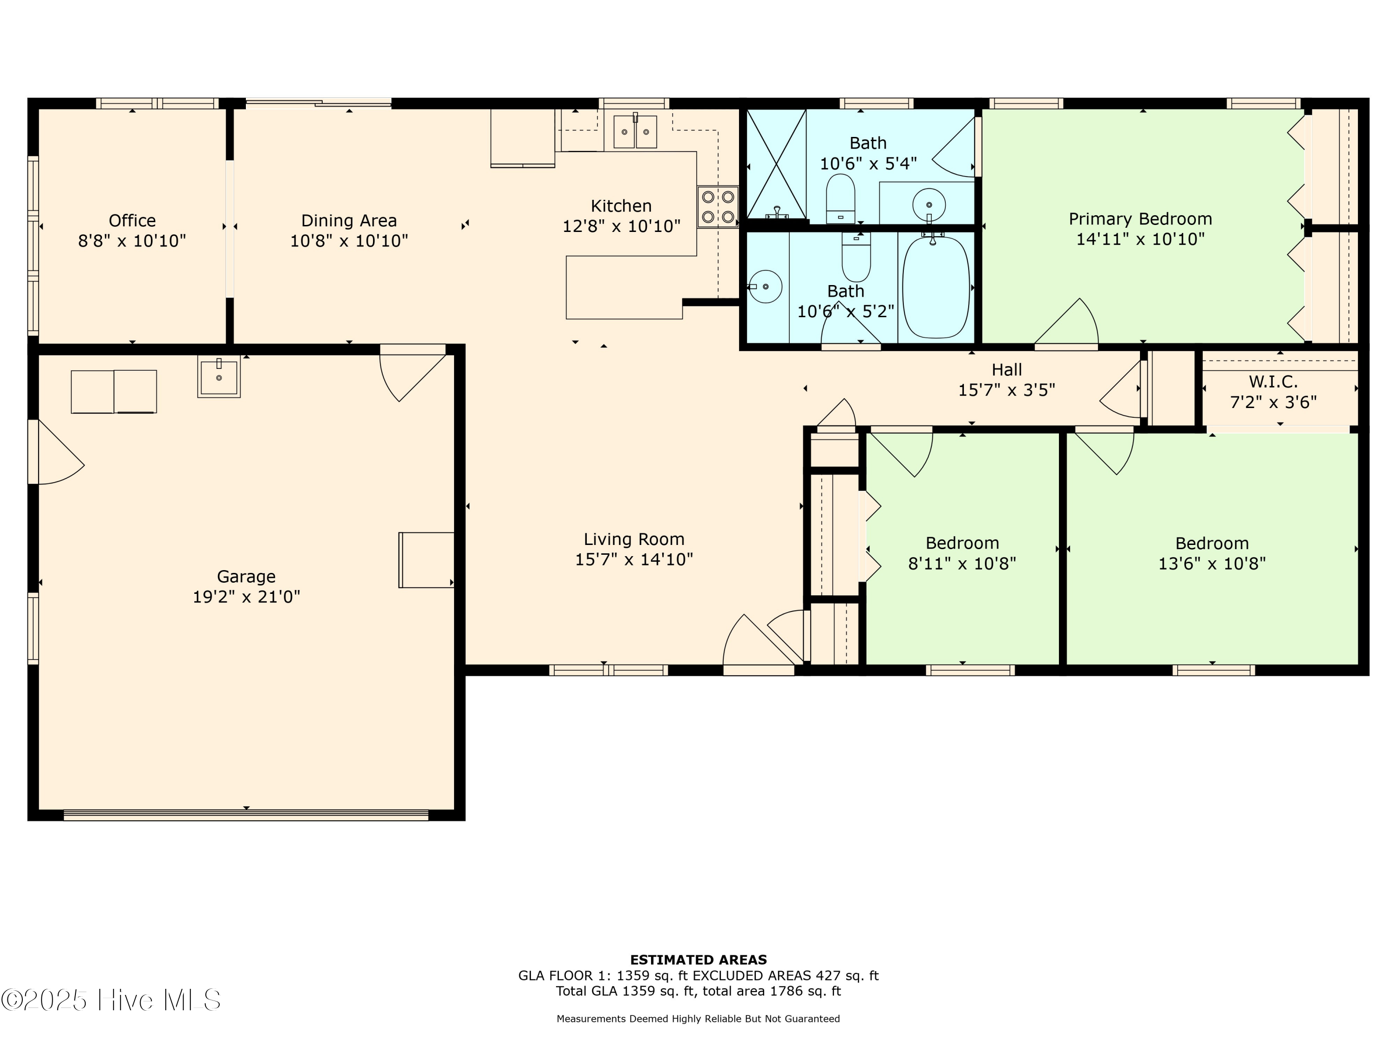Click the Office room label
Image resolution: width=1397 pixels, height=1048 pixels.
[132, 220]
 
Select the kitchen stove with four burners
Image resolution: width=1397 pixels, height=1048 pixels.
[718, 206]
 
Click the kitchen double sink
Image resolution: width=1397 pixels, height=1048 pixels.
[635, 131]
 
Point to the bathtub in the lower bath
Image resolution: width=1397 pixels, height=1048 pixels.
[936, 287]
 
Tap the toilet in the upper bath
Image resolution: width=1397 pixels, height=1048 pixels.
[841, 198]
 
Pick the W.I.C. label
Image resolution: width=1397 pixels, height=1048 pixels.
[1273, 381]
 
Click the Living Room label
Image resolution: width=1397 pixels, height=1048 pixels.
[633, 539]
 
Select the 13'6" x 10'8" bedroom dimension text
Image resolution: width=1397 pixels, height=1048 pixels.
[1211, 564]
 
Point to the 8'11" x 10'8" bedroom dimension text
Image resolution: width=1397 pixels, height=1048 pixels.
[962, 564]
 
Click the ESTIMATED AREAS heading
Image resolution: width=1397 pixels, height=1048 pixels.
[698, 960]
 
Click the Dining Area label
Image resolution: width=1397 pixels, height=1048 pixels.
[349, 220]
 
